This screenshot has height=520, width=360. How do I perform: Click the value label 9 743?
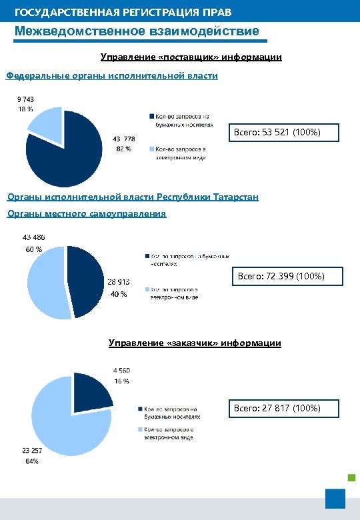(x=25, y=99)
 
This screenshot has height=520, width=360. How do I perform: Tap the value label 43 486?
(x=35, y=238)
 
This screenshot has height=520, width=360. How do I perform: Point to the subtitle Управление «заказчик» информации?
(x=195, y=343)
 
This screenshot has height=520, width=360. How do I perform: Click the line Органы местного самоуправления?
(x=86, y=214)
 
